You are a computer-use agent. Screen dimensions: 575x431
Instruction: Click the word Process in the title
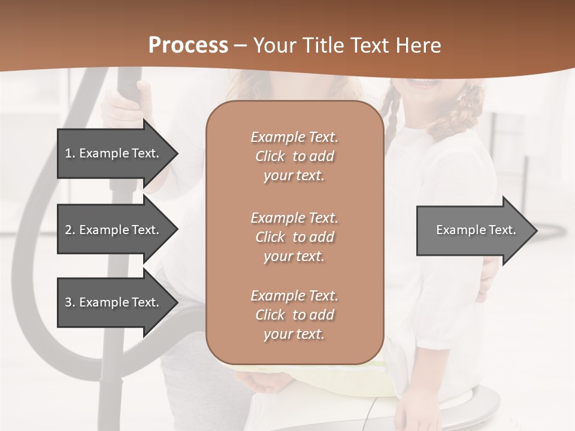tap(188, 45)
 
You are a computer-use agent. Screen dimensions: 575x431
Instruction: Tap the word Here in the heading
tap(417, 45)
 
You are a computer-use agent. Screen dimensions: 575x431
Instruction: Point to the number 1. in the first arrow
tap(70, 153)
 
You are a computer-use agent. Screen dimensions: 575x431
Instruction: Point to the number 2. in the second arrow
tap(70, 230)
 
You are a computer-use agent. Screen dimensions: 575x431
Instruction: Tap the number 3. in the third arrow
tap(70, 302)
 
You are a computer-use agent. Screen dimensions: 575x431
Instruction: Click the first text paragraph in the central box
tap(294, 156)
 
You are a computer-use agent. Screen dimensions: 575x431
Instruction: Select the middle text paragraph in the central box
tap(294, 237)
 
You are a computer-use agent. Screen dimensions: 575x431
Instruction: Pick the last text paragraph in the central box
tap(294, 315)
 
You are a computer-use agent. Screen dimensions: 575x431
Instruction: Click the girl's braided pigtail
tap(392, 114)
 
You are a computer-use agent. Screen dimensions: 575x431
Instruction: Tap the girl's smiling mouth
tap(423, 83)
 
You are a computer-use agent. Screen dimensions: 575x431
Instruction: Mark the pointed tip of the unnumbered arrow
tap(535, 230)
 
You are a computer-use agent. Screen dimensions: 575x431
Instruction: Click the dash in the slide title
tap(240, 46)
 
